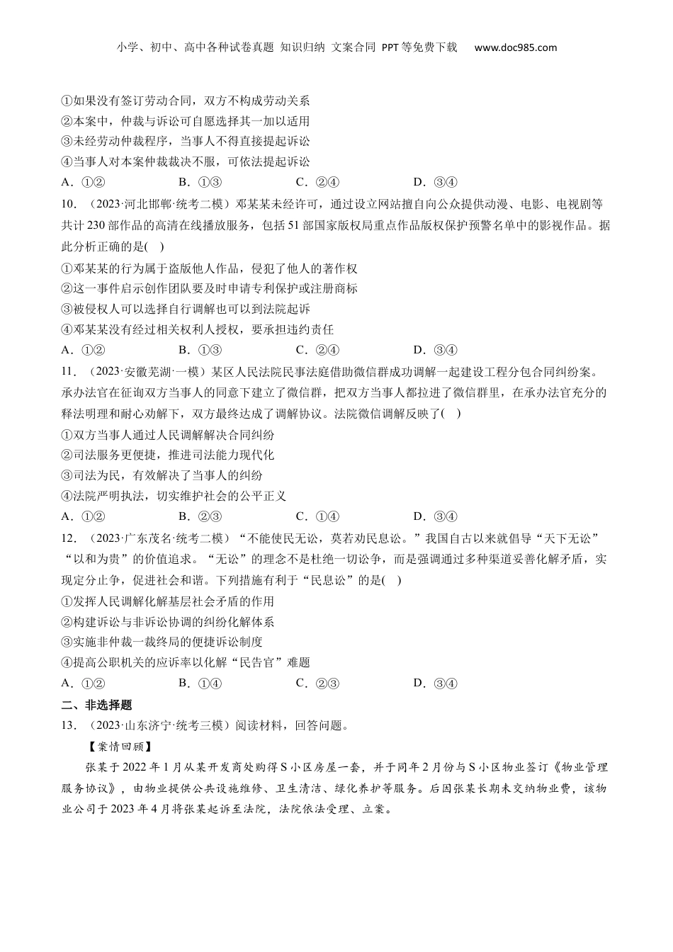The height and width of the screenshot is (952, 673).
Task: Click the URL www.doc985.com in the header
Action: coord(515,47)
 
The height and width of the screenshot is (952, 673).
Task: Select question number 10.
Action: coord(69,205)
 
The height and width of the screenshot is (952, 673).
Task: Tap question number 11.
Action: coord(69,371)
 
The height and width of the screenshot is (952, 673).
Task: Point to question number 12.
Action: coord(69,538)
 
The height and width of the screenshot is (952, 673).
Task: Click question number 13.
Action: coord(69,725)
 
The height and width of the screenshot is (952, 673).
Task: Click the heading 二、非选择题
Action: coord(97,704)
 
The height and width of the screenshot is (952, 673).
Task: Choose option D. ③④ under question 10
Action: coord(435,350)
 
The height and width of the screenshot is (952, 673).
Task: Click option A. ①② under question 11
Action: coord(84,516)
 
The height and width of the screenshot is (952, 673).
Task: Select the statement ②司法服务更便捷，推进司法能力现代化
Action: coord(168,455)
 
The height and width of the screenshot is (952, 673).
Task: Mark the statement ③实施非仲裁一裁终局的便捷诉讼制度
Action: coord(162,642)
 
